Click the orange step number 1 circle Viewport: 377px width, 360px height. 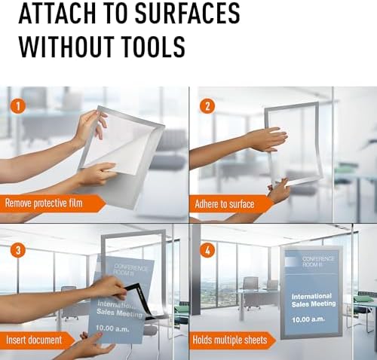18,106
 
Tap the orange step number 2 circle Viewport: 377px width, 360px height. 207,106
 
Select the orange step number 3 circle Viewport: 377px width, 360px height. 18,250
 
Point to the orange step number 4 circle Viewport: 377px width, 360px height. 207,250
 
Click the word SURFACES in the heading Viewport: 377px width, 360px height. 187,13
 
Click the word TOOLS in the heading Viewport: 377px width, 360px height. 155,47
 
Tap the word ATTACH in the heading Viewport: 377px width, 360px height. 56,13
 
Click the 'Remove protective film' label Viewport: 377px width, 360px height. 44,203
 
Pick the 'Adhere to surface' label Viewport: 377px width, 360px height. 224,204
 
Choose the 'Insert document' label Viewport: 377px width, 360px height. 34,340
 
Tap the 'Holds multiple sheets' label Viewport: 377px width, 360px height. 230,340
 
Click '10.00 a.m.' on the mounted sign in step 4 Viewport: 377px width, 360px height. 308,319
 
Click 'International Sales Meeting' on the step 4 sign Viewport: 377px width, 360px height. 314,301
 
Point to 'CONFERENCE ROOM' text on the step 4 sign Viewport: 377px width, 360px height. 318,261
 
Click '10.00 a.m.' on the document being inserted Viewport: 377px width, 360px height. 112,328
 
